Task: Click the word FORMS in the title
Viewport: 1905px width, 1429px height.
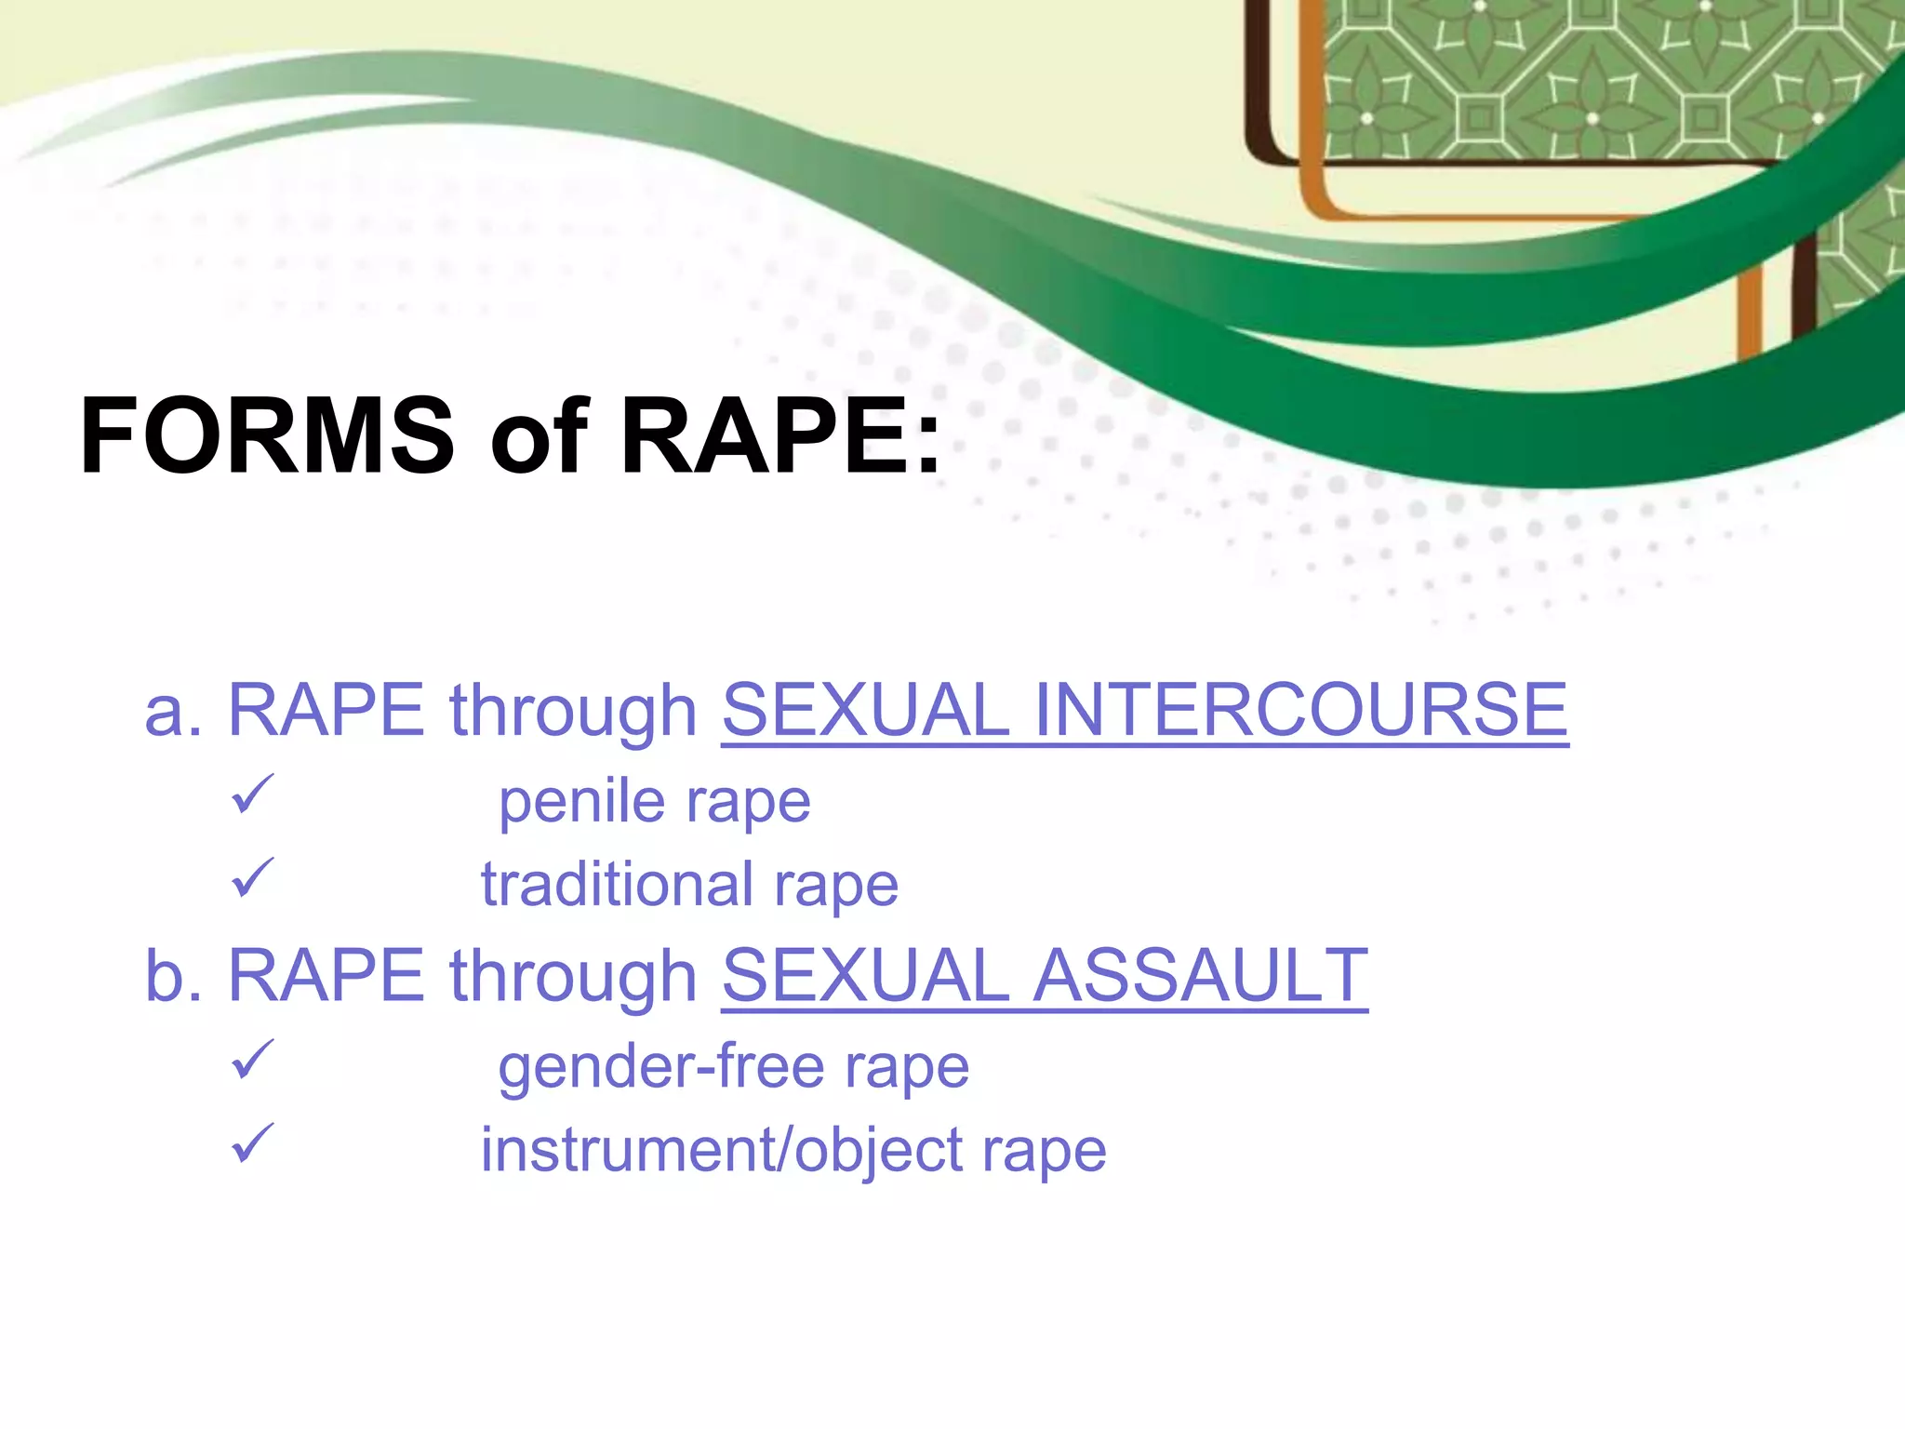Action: click(268, 435)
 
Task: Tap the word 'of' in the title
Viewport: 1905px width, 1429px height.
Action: click(539, 435)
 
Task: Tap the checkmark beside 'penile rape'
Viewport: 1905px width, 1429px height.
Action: click(252, 795)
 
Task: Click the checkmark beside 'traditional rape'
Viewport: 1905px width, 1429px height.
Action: click(252, 877)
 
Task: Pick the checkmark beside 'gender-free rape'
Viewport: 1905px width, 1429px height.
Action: click(252, 1060)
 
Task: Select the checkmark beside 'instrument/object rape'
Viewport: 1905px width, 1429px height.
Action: click(252, 1143)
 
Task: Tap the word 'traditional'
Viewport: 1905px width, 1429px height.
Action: click(617, 884)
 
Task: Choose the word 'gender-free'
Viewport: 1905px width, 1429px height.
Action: click(661, 1066)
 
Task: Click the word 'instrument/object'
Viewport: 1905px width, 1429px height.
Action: click(722, 1150)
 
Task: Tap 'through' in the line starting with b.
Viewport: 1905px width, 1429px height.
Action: click(573, 977)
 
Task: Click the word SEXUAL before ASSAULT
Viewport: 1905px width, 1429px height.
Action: click(865, 975)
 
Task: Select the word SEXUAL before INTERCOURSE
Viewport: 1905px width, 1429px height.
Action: click(865, 710)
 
